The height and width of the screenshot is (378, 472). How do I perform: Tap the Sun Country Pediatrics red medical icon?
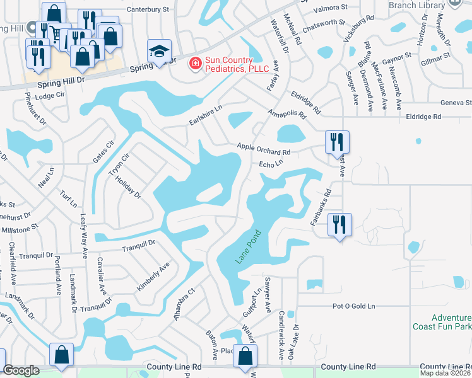tap(196, 63)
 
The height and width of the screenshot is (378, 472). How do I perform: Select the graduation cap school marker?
tap(159, 50)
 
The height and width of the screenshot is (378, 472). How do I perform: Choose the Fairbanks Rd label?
tap(320, 209)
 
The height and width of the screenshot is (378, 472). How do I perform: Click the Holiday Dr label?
tap(129, 187)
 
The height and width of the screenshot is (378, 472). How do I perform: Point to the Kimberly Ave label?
tap(153, 277)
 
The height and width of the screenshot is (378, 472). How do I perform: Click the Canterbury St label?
tap(148, 9)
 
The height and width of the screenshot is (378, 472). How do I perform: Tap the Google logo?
tap(21, 371)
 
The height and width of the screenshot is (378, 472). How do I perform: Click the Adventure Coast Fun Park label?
tap(442, 322)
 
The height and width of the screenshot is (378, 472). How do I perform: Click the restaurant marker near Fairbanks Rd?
tap(340, 225)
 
